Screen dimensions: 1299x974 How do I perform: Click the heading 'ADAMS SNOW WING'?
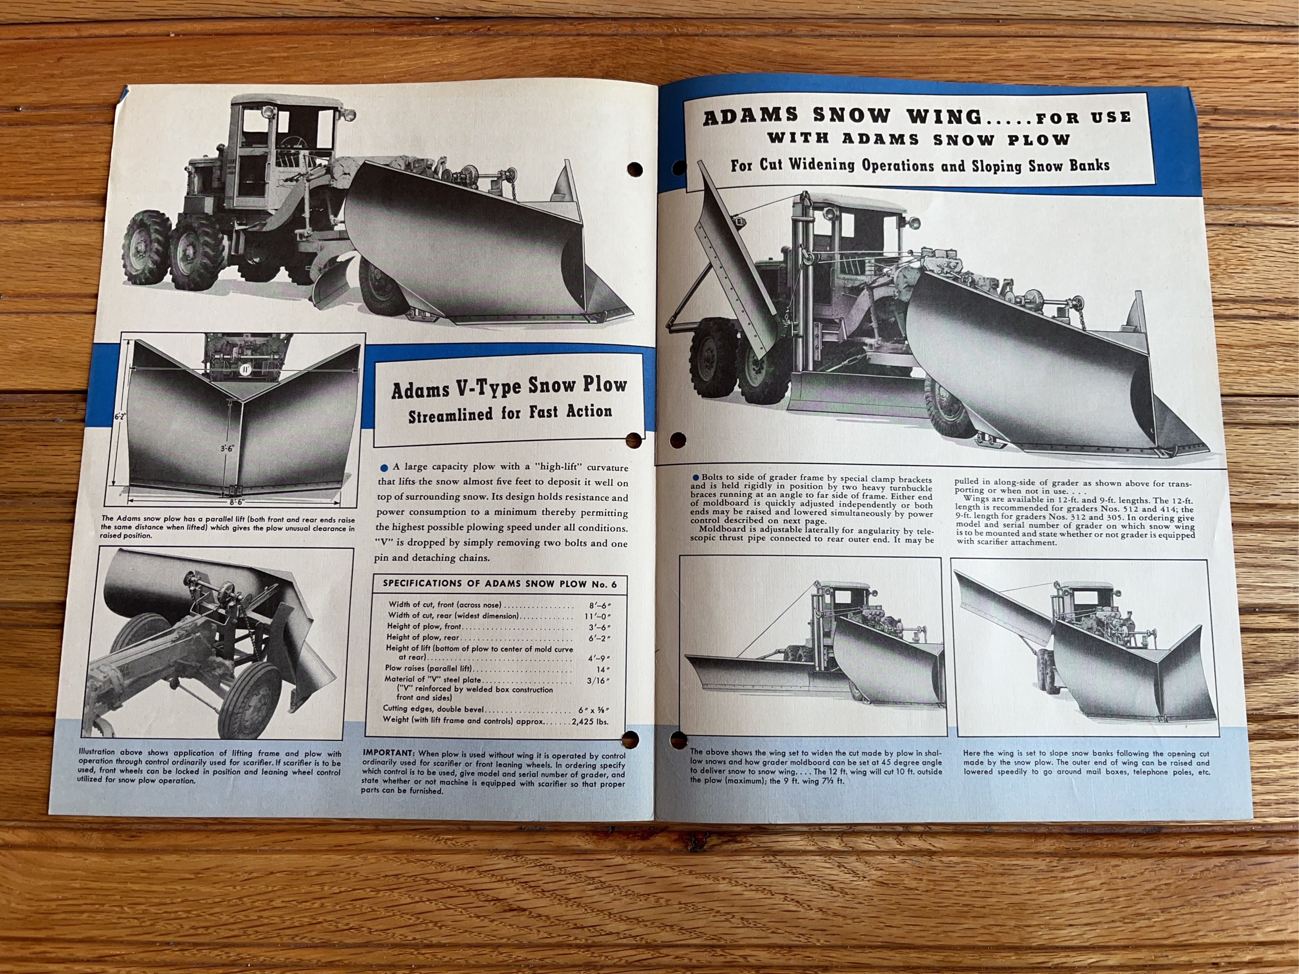(x=843, y=116)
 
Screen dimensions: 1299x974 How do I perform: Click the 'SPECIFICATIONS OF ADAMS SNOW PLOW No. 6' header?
(x=500, y=583)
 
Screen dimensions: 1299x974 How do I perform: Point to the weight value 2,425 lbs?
(x=590, y=720)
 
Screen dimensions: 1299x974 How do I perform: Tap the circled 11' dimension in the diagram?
(x=245, y=370)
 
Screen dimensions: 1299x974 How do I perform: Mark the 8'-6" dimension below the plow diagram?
(x=237, y=503)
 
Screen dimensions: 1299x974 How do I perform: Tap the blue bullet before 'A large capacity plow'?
(x=384, y=468)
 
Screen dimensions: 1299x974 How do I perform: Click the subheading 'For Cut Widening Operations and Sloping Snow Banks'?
(x=920, y=165)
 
